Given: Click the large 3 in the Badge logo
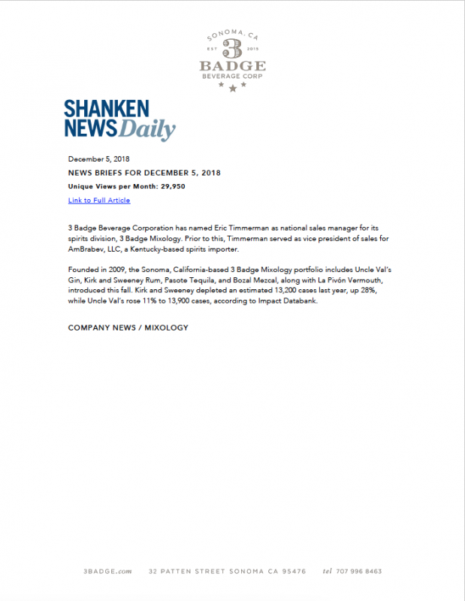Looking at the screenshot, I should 232,49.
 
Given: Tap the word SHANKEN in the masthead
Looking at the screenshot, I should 106,109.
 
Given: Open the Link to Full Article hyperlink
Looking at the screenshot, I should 99,201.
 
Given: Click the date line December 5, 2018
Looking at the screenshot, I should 99,159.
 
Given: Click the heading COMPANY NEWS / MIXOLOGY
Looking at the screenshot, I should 128,328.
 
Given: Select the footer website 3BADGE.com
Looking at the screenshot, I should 107,572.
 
